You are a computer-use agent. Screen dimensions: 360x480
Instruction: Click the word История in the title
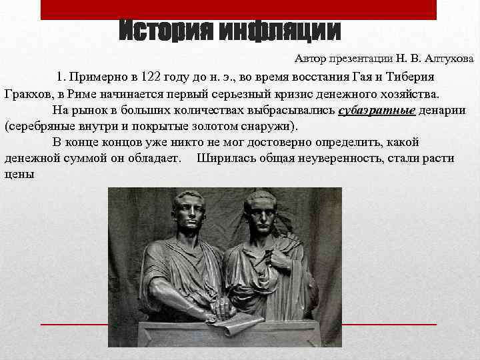pyautogui.click(x=167, y=31)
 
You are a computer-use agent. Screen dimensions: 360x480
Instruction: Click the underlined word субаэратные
pyautogui.click(x=377, y=109)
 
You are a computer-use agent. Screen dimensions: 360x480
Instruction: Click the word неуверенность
pyautogui.click(x=340, y=158)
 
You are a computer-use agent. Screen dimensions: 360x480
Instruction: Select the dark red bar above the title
pyautogui.click(x=239, y=9)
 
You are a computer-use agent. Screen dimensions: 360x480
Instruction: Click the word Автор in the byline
pyautogui.click(x=312, y=59)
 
